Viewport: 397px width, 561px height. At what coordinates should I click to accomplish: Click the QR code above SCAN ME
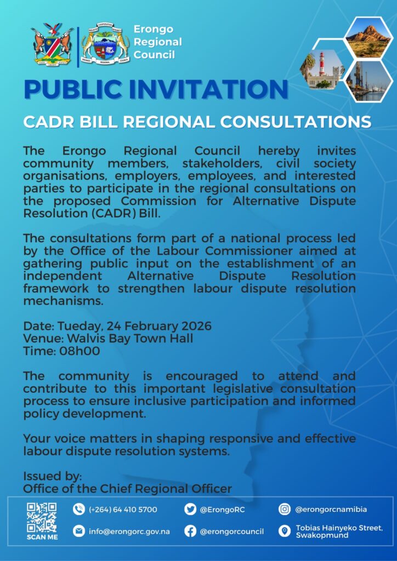[42, 517]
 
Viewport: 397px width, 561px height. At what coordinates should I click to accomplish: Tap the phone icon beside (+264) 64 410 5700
[79, 510]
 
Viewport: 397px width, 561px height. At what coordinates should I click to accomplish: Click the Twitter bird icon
[190, 510]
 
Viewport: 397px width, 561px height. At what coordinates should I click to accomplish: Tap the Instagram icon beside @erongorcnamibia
[285, 510]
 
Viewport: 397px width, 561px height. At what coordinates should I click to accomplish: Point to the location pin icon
[285, 531]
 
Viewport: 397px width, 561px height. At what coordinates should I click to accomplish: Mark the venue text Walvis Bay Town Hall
[128, 339]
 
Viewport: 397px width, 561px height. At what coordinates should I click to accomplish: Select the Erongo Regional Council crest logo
[106, 46]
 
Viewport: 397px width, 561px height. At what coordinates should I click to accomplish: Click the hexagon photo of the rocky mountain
[368, 38]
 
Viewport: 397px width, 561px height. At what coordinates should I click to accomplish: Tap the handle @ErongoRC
[222, 510]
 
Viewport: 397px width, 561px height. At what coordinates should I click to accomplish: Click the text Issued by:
[52, 476]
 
